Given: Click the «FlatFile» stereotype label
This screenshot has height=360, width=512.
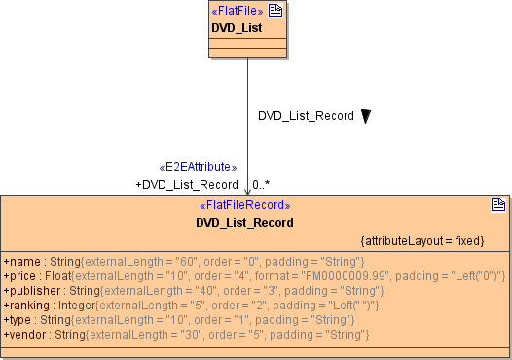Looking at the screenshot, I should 238,11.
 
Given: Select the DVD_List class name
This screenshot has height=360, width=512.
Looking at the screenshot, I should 237,27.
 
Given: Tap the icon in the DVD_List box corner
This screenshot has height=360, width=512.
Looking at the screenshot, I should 275,11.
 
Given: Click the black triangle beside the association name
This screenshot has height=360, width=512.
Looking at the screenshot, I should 366,116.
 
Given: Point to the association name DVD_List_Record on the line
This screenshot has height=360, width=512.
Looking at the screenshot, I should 306,116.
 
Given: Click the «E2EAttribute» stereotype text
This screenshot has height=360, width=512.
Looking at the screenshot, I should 198,167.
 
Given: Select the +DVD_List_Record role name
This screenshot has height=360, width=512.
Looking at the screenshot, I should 187,184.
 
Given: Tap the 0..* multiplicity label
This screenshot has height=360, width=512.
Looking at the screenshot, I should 261,184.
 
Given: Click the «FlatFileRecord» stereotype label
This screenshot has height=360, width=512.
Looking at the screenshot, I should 244,206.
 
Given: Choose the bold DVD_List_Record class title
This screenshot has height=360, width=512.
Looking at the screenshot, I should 244,223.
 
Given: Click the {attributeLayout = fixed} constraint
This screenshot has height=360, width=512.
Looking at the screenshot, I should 421,240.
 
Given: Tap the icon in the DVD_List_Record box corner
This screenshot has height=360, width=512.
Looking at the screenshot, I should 497,205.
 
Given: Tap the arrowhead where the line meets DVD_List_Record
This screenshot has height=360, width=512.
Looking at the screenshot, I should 247,191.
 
